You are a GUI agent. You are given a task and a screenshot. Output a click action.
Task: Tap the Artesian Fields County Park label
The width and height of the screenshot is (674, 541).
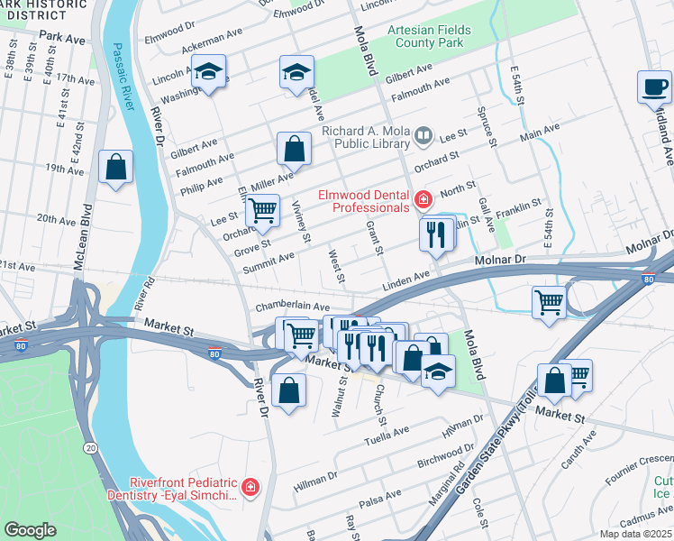[430, 36]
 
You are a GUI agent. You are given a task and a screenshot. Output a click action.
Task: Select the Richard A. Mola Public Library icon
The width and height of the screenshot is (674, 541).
[424, 137]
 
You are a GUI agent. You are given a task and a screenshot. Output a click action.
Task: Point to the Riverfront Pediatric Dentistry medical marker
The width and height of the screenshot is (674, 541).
[250, 488]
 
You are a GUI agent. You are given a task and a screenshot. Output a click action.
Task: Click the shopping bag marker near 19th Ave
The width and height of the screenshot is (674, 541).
[115, 167]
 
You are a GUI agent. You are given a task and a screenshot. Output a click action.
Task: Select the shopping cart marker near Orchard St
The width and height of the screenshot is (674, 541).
[262, 211]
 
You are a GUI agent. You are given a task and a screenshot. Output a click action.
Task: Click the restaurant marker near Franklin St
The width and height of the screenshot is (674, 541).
[435, 234]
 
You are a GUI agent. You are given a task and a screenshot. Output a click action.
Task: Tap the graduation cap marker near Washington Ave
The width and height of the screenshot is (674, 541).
[209, 71]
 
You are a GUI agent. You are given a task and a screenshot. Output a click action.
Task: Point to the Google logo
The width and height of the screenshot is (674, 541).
[30, 530]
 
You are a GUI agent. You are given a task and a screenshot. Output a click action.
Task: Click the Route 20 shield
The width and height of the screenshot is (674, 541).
[90, 447]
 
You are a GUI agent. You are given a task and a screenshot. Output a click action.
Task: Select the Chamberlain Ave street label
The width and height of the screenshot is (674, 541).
[292, 307]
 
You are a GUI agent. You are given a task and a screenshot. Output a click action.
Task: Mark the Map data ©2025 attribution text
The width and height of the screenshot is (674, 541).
[634, 534]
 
